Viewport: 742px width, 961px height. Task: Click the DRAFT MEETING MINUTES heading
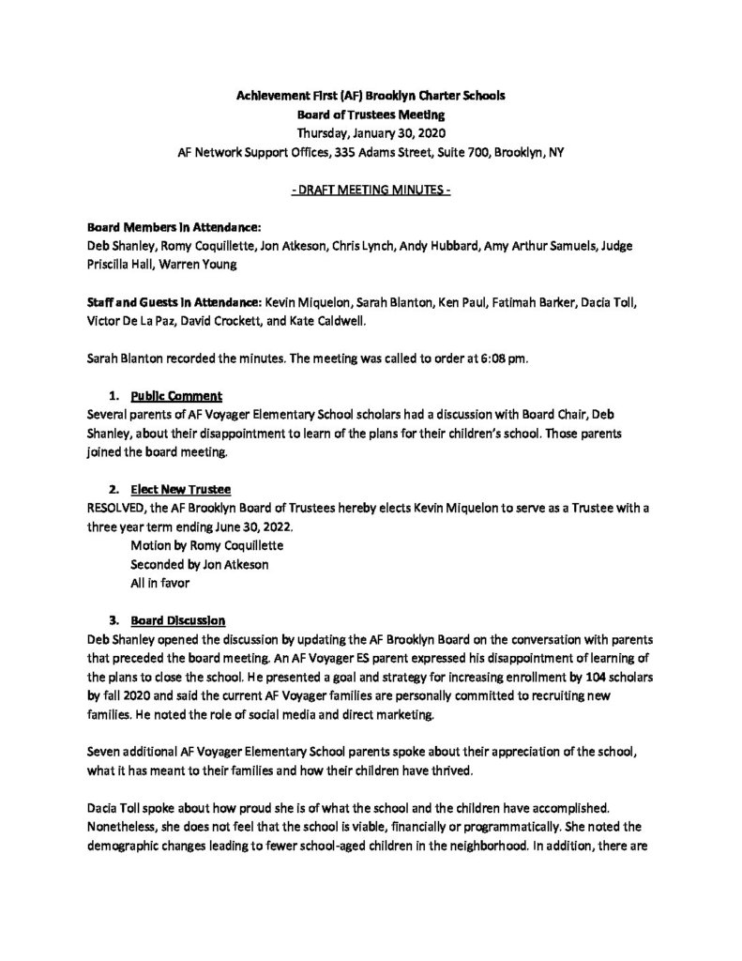coord(371,191)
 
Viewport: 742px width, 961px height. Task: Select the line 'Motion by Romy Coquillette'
coord(205,546)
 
